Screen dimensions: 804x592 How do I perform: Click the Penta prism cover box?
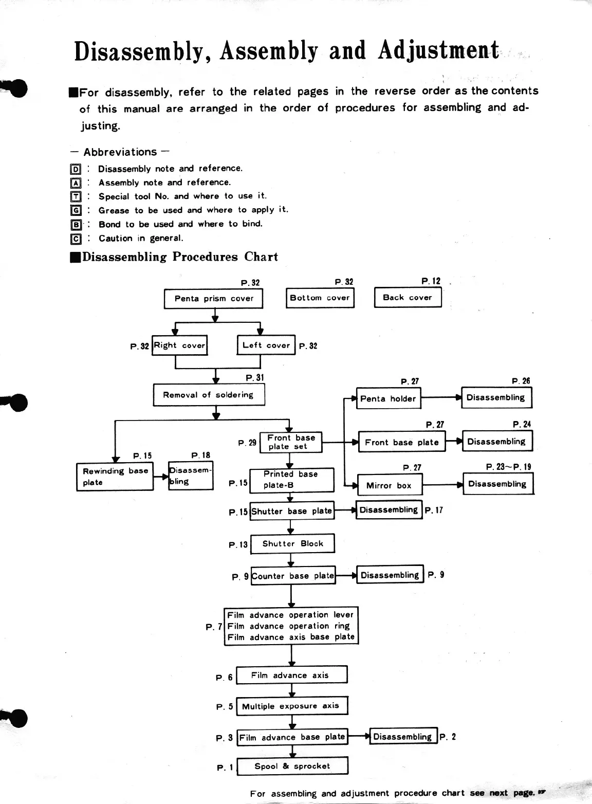(213, 299)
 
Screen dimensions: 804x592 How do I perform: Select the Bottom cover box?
(320, 298)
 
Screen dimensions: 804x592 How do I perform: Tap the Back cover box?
(408, 297)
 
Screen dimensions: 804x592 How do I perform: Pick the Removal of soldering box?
(209, 395)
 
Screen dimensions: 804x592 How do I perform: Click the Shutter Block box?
(292, 544)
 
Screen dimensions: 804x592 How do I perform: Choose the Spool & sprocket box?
(292, 766)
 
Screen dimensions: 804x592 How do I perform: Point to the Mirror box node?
(388, 485)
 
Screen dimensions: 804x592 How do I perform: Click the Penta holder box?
(388, 398)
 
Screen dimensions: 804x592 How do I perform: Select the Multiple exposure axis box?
(291, 706)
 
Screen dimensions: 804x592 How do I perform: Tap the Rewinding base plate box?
(115, 477)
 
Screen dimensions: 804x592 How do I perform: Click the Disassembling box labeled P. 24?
(496, 442)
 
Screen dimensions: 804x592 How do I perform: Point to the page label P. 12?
(431, 281)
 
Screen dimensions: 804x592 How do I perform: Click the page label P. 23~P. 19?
(508, 467)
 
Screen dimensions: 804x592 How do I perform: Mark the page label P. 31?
(255, 378)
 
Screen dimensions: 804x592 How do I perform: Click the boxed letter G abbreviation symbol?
(76, 210)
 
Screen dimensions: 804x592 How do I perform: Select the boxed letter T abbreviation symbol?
(76, 196)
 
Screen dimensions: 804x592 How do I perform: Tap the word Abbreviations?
(120, 152)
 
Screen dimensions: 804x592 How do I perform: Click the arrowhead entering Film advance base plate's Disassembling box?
(367, 737)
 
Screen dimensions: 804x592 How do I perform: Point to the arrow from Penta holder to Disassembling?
(440, 397)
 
